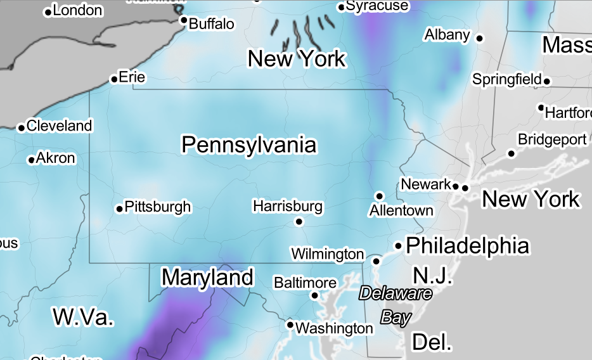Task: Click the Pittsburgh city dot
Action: [x=119, y=209]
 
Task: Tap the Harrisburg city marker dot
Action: [x=299, y=221]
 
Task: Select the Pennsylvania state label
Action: [x=248, y=145]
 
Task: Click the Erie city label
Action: [x=132, y=77]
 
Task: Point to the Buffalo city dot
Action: [x=184, y=20]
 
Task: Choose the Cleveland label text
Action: [x=59, y=125]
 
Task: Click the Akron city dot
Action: [x=31, y=160]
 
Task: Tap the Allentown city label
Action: [x=401, y=210]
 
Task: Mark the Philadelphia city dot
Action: [x=399, y=245]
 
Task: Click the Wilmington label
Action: [x=327, y=254]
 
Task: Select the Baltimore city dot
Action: [x=314, y=295]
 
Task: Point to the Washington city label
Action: [x=335, y=328]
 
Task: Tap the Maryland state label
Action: [x=207, y=277]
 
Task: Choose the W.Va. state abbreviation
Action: [x=83, y=316]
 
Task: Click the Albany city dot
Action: [x=480, y=39]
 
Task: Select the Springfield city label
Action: [x=506, y=80]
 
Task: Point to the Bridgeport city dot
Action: [x=512, y=153]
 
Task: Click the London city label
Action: [x=77, y=10]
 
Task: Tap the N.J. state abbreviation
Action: [x=433, y=276]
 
